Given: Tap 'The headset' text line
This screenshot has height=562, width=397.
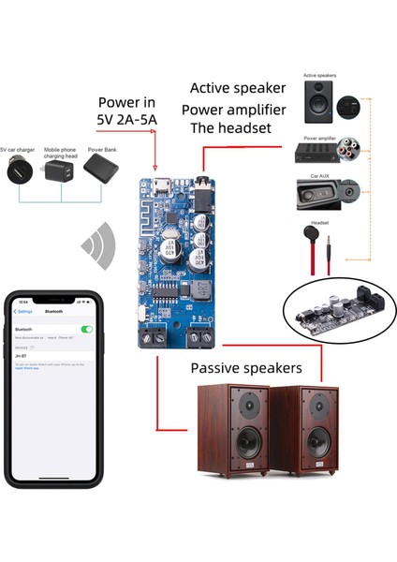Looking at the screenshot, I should pyautogui.click(x=230, y=129).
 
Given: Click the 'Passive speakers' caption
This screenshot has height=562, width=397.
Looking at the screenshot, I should pyautogui.click(x=246, y=367).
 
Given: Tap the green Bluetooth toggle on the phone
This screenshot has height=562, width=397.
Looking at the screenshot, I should pyautogui.click(x=87, y=330).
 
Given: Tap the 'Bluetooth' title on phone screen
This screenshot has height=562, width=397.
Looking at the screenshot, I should pyautogui.click(x=53, y=311).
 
